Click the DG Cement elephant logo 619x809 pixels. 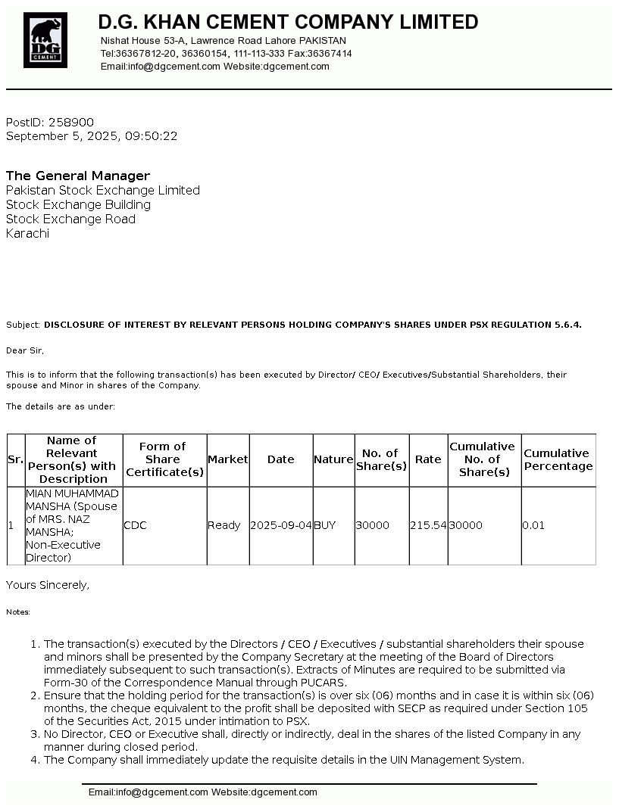pos(45,40)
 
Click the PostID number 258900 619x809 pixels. pos(71,123)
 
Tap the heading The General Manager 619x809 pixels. pos(78,176)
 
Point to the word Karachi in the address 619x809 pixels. pos(27,233)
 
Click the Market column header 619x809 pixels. pos(228,459)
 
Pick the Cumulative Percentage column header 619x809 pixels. pos(558,459)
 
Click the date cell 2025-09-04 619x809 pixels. pos(280,525)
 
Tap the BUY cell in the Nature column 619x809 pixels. pos(324,525)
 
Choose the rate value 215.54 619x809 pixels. pos(428,525)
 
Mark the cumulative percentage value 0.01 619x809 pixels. pos(533,525)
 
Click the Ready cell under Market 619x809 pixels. pos(224,525)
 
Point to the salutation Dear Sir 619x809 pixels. pos(25,350)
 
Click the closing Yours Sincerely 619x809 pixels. pos(48,585)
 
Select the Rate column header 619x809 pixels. pos(428,459)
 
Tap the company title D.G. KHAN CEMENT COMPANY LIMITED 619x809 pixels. pos(288,22)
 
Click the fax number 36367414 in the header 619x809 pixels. pos(330,54)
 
